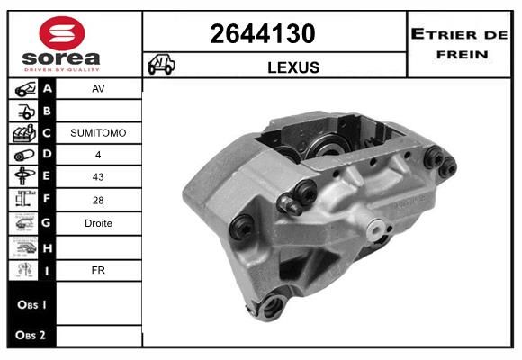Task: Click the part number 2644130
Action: (x=263, y=33)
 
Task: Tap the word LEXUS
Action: (x=293, y=67)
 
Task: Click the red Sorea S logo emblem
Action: (x=62, y=33)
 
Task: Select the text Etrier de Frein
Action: (x=459, y=44)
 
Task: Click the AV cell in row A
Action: (x=98, y=88)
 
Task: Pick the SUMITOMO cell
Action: (x=98, y=133)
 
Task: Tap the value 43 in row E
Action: (x=98, y=176)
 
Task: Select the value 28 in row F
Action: (x=98, y=200)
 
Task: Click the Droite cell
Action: (x=98, y=223)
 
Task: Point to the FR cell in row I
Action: (x=98, y=270)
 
